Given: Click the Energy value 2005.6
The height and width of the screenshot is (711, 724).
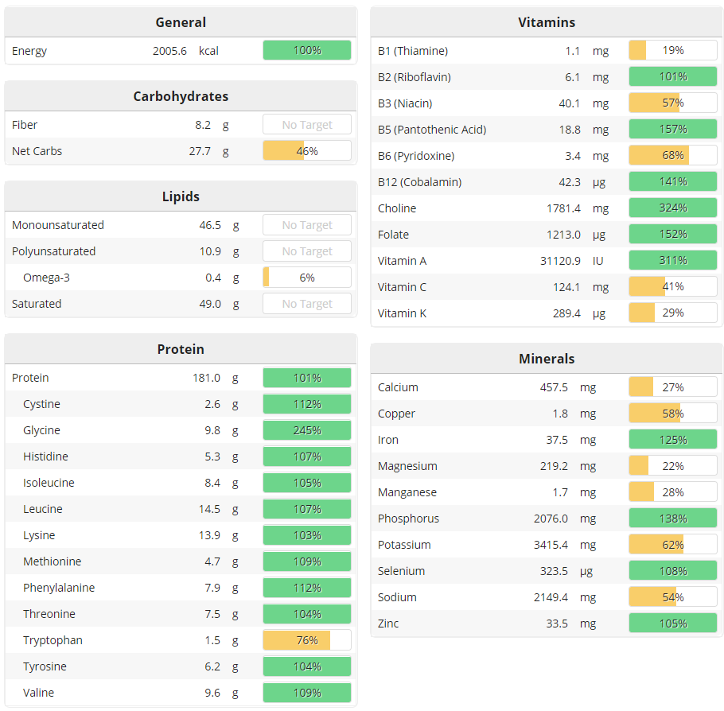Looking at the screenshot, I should click(169, 51).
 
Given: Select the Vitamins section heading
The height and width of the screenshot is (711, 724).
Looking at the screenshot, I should click(547, 22).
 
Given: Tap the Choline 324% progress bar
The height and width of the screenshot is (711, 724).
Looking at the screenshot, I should click(672, 208).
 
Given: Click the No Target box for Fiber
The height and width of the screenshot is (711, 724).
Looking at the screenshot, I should click(307, 125).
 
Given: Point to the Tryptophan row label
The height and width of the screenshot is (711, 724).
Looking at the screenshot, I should click(53, 640).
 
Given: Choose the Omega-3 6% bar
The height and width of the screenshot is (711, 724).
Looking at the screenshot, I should click(307, 278).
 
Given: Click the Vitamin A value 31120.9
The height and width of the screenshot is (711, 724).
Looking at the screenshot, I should click(560, 261).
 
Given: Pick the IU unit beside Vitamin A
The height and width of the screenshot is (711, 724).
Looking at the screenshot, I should click(598, 261).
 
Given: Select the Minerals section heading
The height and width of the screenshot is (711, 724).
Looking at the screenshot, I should click(547, 359).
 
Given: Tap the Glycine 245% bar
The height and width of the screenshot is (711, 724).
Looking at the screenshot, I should click(307, 430).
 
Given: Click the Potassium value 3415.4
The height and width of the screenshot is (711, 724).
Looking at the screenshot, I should click(562, 545).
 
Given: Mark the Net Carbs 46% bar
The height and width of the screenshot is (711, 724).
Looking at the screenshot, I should click(307, 151).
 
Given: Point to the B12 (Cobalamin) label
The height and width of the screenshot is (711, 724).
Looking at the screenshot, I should click(419, 182).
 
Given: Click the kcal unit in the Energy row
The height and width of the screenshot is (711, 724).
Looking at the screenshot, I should click(208, 51).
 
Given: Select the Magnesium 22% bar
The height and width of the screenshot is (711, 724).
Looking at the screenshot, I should click(672, 466).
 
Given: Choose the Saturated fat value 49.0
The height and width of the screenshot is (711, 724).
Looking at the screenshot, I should click(208, 304).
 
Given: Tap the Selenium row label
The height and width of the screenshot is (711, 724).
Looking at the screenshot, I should click(401, 571).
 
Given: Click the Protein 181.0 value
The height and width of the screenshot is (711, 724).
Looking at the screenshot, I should click(206, 378).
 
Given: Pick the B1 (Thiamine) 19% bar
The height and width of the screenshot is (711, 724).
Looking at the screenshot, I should click(672, 51).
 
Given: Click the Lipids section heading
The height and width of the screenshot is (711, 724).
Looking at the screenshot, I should click(181, 196).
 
